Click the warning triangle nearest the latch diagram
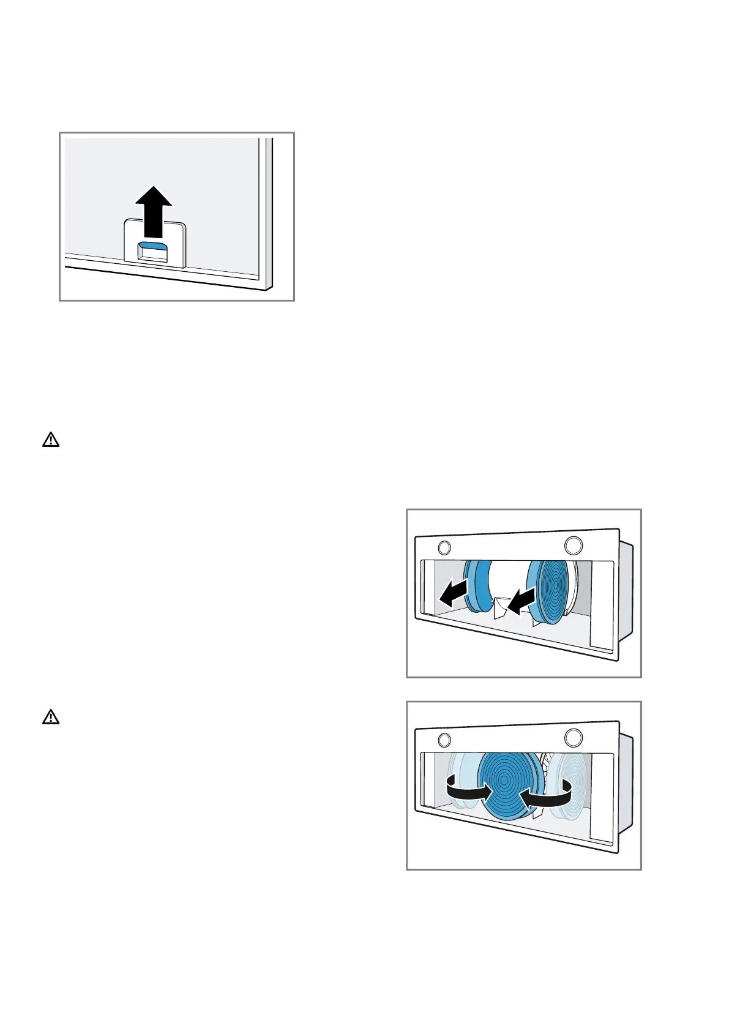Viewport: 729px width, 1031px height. point(51,440)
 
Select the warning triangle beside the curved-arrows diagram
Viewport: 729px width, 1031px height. point(51,717)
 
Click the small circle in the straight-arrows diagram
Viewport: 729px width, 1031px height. point(445,547)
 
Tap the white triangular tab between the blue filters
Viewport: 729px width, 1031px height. point(500,608)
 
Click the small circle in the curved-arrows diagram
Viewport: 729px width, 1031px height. point(445,739)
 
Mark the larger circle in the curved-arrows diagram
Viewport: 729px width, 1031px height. point(573,737)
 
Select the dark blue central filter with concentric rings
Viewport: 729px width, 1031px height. point(509,783)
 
